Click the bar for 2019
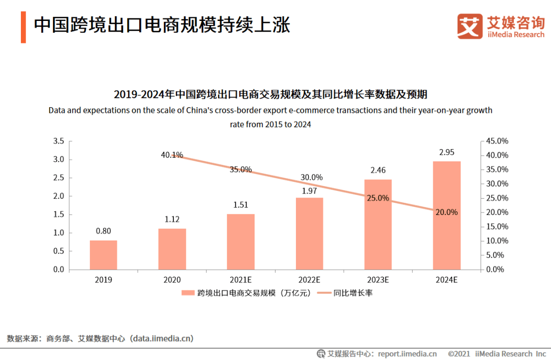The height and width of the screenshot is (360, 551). point(104,255)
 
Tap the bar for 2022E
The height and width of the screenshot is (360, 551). point(309,233)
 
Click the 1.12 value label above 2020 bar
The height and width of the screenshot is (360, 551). point(172,219)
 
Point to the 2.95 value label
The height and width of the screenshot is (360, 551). point(447,152)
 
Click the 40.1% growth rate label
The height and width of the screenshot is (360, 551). point(172,155)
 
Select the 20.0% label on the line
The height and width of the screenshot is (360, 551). point(447,212)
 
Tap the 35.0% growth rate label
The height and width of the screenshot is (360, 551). point(240,170)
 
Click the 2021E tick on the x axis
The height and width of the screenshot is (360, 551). point(240,280)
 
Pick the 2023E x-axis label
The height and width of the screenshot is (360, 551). point(378,280)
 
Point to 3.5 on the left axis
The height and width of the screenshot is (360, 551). point(59,141)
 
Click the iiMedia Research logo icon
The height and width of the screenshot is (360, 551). point(469,26)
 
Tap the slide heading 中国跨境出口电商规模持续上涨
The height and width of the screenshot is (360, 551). point(162,25)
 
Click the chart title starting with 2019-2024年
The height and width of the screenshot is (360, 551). point(270,94)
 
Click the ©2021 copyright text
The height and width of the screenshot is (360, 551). point(460,354)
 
